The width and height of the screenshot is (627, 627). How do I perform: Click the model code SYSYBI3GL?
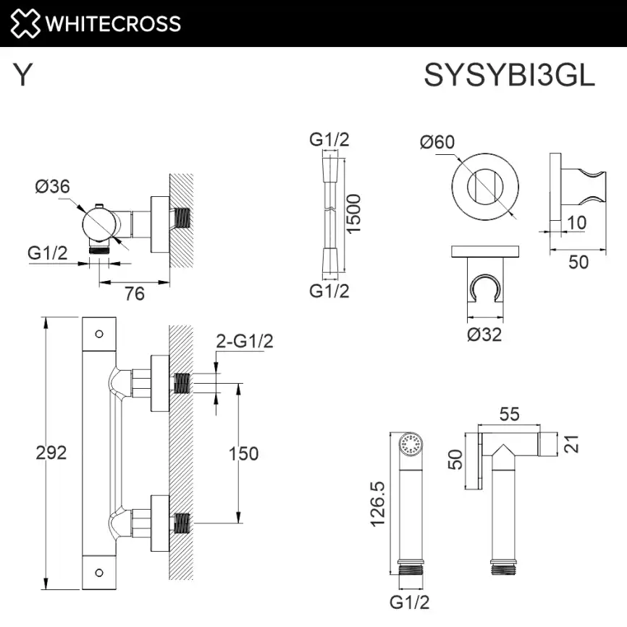pos(509,75)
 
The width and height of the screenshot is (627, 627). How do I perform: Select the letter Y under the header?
pos(23,75)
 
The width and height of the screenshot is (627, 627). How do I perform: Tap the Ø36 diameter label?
pos(52,186)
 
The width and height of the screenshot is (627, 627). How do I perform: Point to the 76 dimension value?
pos(134,293)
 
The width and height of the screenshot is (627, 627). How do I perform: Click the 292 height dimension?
pos(51,453)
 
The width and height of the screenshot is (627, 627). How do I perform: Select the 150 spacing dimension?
pos(243,453)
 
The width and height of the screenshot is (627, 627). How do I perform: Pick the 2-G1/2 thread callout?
pos(244,342)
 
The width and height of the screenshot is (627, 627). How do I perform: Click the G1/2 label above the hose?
pos(329,140)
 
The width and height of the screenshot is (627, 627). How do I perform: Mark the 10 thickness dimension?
pos(576,223)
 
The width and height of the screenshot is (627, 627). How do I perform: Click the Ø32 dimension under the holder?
pos(484,334)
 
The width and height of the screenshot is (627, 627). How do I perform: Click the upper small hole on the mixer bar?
pos(98,334)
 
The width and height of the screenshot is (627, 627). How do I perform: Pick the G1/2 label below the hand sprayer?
pos(411,602)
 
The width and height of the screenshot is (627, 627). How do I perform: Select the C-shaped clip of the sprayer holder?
pos(484,288)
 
